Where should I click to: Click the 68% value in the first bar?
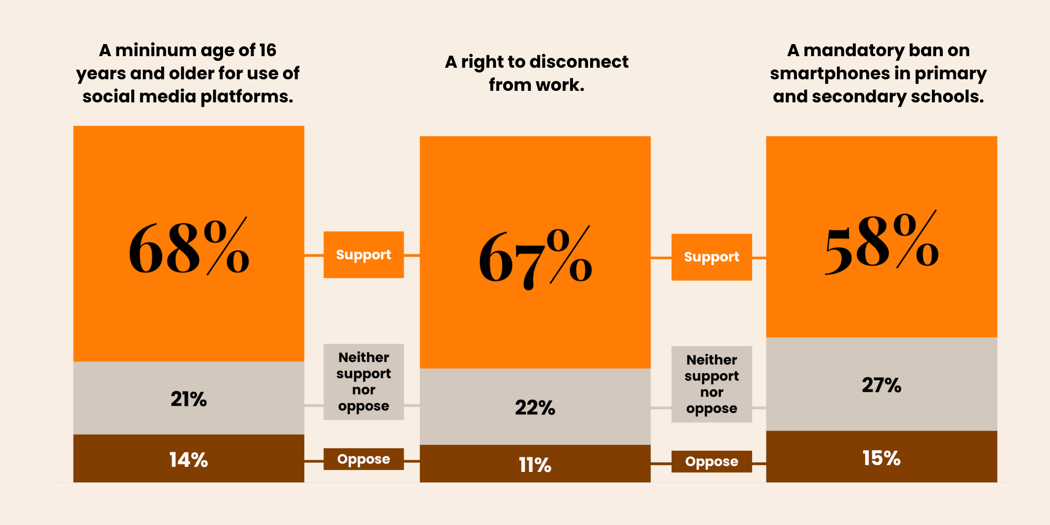click(x=188, y=248)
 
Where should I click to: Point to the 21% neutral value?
click(x=188, y=399)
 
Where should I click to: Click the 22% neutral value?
click(x=535, y=407)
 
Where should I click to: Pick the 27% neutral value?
click(x=881, y=385)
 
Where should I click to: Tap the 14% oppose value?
click(x=188, y=460)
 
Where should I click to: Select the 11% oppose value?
click(x=535, y=465)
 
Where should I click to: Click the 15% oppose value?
click(x=881, y=458)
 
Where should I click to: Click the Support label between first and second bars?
click(x=363, y=255)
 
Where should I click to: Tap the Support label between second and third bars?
click(x=711, y=257)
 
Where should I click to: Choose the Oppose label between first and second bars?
click(x=363, y=459)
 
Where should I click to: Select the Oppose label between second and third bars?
click(x=711, y=461)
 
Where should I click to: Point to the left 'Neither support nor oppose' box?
click(x=363, y=382)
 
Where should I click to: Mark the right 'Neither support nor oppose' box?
click(x=711, y=384)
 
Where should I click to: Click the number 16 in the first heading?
click(x=267, y=50)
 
